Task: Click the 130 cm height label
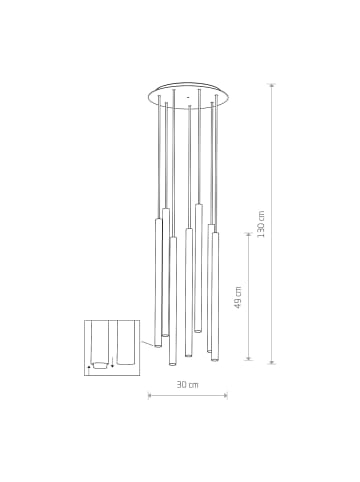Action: point(261,223)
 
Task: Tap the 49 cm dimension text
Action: point(238,297)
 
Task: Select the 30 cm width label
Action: point(188,384)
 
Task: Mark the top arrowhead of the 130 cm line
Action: point(272,86)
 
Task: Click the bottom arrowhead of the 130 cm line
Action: point(272,360)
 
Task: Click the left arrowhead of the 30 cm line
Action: point(149,396)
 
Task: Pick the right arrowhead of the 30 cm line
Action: point(227,396)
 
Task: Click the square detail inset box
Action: point(111,347)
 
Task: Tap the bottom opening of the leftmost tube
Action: point(158,346)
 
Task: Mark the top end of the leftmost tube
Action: point(158,219)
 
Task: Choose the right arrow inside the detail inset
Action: point(112,364)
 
